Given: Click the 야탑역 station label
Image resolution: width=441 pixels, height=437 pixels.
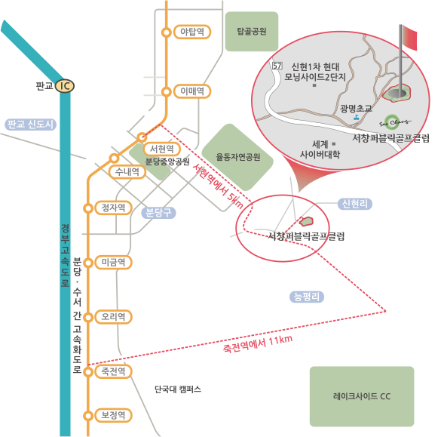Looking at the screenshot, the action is [192, 32].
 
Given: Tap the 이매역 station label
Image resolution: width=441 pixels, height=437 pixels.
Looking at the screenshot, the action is [192, 91].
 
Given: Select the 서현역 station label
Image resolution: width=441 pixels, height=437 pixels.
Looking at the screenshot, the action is [162, 149].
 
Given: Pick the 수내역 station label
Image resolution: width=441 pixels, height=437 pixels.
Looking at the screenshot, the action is [127, 171].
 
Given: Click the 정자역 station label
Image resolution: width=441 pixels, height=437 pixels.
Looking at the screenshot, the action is [113, 208].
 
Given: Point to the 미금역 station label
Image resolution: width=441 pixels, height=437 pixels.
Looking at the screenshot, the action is [113, 263].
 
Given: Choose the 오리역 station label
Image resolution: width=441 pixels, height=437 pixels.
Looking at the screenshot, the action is [113, 317].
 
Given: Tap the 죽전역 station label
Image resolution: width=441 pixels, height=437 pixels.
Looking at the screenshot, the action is [113, 371].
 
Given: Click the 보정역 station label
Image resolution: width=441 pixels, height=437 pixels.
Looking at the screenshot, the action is [113, 415].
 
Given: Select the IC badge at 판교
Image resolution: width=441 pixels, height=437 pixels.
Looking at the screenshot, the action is [65, 86].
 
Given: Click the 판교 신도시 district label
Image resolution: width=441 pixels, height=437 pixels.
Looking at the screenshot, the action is [31, 125].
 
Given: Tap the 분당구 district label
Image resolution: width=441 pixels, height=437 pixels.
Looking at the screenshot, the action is [158, 213].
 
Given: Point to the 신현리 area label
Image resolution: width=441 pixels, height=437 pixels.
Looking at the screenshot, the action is [354, 204].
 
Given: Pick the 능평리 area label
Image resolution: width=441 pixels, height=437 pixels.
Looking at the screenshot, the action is [307, 297].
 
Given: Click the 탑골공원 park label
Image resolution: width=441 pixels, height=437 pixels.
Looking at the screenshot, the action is [252, 31].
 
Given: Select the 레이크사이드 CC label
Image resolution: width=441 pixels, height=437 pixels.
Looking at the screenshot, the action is [362, 396].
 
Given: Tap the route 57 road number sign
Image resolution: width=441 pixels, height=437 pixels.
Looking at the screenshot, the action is [277, 66].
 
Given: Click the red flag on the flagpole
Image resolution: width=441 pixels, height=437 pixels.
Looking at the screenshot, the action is [409, 37].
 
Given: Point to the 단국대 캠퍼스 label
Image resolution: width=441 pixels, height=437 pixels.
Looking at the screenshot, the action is [178, 389].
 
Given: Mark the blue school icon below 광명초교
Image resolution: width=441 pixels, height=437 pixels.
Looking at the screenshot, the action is [357, 118].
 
